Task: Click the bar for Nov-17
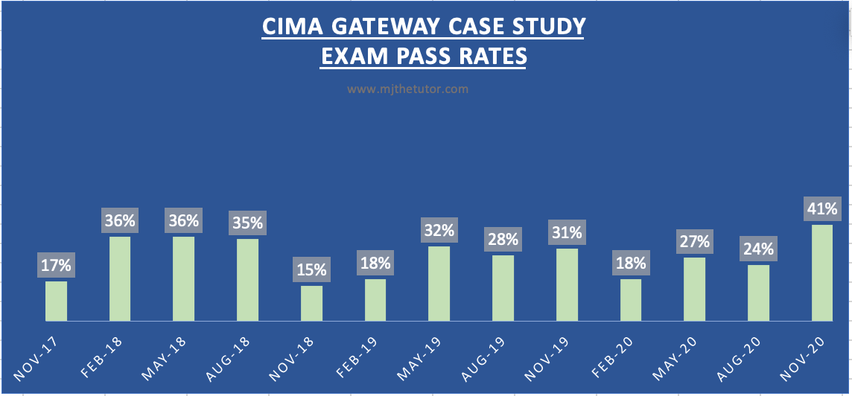pos(56,301)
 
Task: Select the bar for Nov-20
pos(822,272)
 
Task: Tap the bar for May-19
pos(439,284)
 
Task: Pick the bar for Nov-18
pos(311,303)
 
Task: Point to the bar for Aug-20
pos(758,293)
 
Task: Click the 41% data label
pos(822,208)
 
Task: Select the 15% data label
pos(311,270)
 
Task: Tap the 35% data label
pos(248,223)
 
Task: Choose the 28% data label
pos(503,240)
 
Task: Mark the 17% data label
pos(56,265)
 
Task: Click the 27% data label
pos(694,242)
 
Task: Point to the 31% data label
pos(567,232)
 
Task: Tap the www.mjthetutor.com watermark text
pos(407,89)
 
